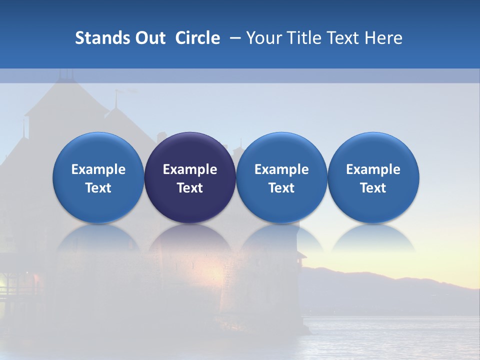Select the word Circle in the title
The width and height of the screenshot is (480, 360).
(x=197, y=38)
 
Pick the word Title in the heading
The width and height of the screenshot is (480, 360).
(x=302, y=38)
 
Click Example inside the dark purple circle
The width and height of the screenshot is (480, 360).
(x=190, y=169)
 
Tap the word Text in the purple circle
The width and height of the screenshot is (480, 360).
(x=190, y=188)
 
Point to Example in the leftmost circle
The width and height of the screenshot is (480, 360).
(x=98, y=169)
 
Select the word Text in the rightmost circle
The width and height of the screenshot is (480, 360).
(x=373, y=188)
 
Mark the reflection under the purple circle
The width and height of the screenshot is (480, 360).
(x=190, y=240)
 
